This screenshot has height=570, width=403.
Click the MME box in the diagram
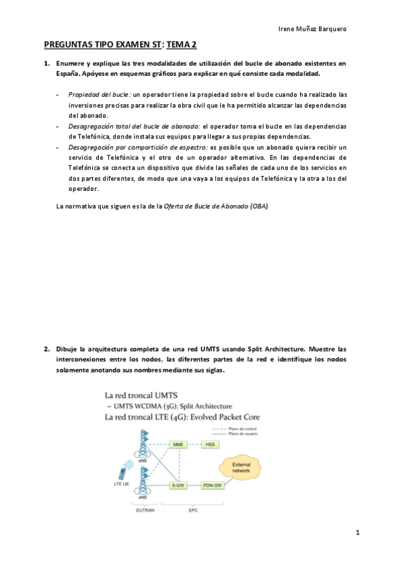pyautogui.click(x=178, y=445)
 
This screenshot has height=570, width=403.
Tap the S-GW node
pyautogui.click(x=178, y=484)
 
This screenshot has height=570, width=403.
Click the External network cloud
pyautogui.click(x=242, y=468)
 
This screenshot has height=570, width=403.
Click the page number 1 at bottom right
pyautogui.click(x=359, y=533)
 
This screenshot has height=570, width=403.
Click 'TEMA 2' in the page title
pyautogui.click(x=182, y=45)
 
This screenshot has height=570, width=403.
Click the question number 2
pyautogui.click(x=47, y=349)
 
